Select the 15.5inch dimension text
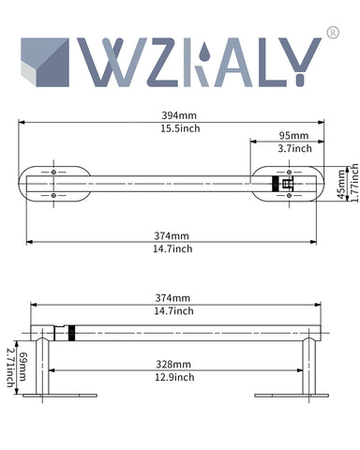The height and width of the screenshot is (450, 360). (180, 128)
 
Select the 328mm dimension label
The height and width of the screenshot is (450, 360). (175, 364)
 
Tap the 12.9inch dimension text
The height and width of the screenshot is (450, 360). (175, 377)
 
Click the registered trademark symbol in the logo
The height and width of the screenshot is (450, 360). (332, 34)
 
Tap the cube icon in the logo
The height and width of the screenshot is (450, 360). (45, 61)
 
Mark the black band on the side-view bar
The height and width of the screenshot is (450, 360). (69, 334)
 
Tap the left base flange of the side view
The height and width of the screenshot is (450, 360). (43, 395)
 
